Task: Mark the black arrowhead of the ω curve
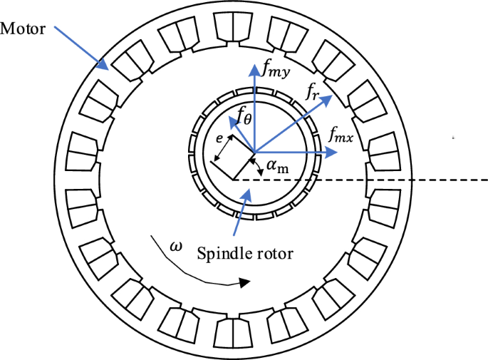pos(244,283)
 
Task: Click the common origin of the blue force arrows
pos(254,151)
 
